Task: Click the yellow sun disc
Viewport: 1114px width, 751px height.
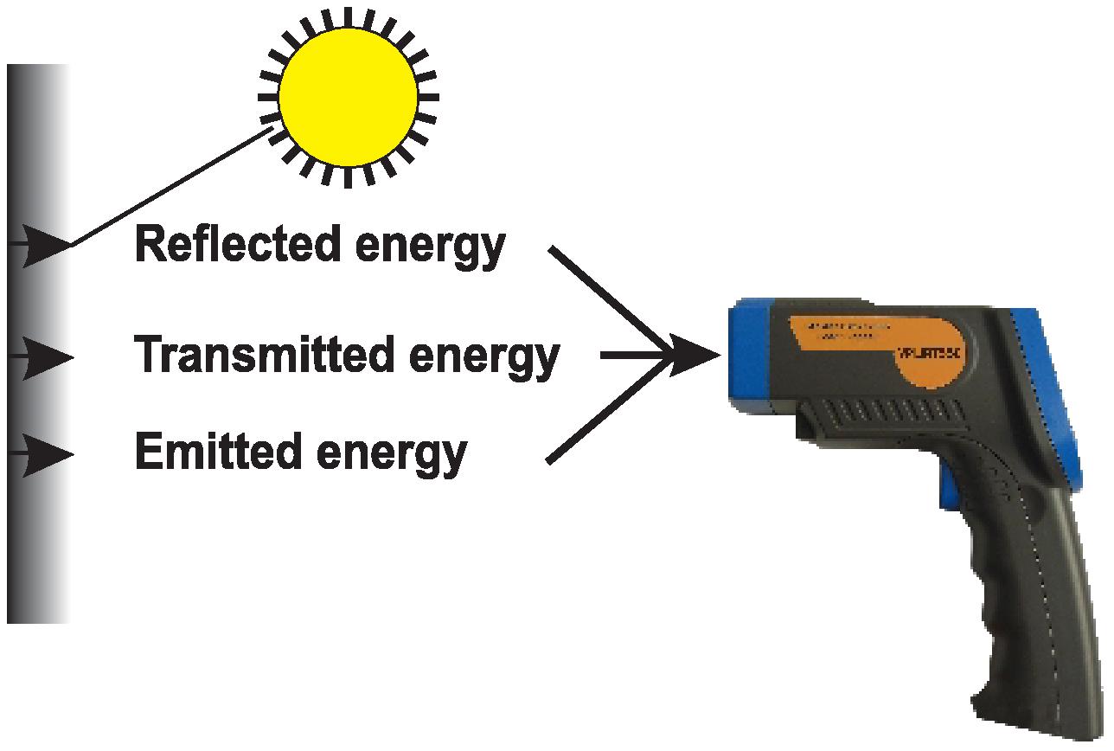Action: pos(348,96)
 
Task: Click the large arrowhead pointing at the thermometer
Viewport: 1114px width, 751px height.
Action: pos(696,355)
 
